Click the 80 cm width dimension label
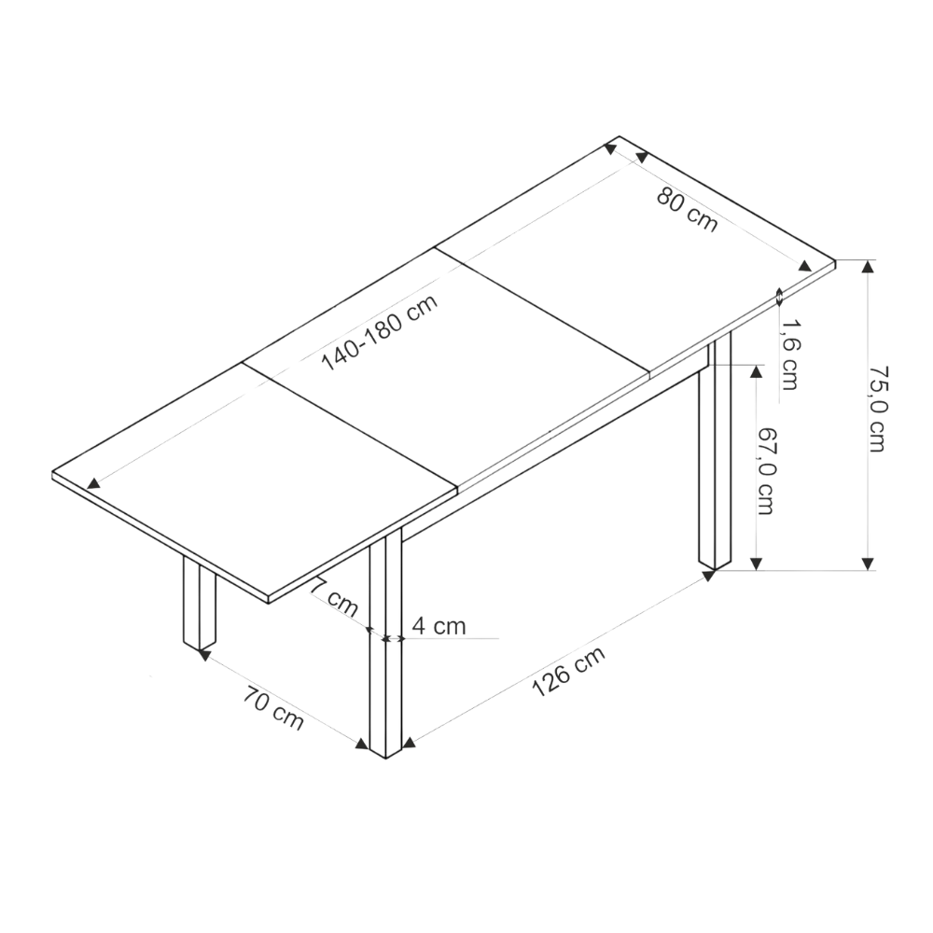[x=688, y=210]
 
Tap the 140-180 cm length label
[x=380, y=332]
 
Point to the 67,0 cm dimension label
[x=766, y=471]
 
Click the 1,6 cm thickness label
[x=789, y=355]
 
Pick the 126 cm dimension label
[x=567, y=671]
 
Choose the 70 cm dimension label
[x=273, y=707]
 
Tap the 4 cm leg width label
[x=439, y=626]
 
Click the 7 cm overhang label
[x=334, y=599]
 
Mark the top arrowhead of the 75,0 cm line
[x=868, y=266]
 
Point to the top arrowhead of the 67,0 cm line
[x=756, y=371]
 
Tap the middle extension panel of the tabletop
[x=446, y=368]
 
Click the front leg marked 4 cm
[x=385, y=643]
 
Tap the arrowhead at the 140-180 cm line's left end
[x=93, y=484]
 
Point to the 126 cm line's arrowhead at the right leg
[x=708, y=575]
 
